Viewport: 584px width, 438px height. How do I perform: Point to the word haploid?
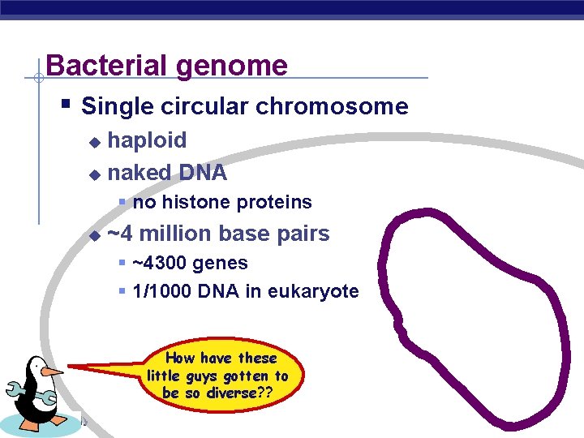(x=147, y=141)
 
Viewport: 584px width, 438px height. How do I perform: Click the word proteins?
(x=275, y=203)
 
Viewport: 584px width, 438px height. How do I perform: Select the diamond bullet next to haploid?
(x=94, y=142)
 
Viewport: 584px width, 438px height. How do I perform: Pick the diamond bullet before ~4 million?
(x=94, y=236)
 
